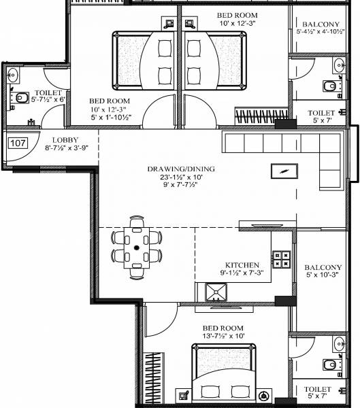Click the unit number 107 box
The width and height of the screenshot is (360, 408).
point(18,143)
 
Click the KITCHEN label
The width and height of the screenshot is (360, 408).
point(241,265)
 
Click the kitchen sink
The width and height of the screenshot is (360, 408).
point(216,293)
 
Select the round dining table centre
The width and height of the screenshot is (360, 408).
point(137,248)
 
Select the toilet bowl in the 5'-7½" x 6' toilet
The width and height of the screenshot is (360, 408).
point(20,99)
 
